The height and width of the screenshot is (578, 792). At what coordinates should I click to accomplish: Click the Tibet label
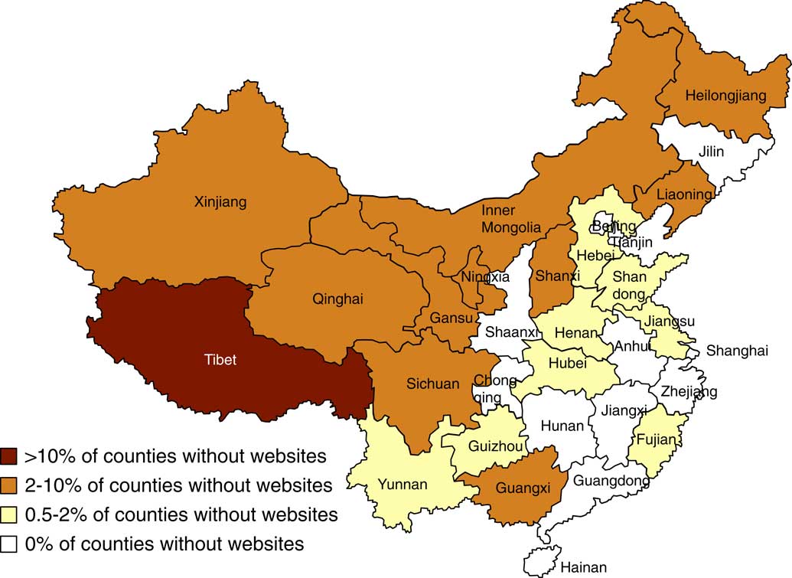point(220,359)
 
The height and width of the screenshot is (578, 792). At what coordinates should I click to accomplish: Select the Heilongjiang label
point(725,96)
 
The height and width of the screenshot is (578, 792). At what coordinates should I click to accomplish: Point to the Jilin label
point(711,151)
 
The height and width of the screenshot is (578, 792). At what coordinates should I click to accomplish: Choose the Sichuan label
point(434,384)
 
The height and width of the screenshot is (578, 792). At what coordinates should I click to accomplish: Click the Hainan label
point(583,567)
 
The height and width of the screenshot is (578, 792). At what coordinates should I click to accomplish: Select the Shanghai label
point(737,351)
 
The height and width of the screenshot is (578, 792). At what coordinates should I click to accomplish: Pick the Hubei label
point(566,363)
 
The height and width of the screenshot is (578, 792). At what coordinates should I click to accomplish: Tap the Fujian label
point(657,439)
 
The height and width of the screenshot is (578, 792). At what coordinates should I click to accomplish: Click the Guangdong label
point(611,482)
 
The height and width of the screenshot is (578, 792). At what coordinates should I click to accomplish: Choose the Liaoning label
point(684,194)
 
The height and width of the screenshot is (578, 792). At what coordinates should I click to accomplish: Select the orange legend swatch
point(10,485)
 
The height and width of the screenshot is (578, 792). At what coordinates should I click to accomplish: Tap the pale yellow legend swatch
point(10,514)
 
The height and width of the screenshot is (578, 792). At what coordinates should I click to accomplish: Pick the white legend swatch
point(10,544)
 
